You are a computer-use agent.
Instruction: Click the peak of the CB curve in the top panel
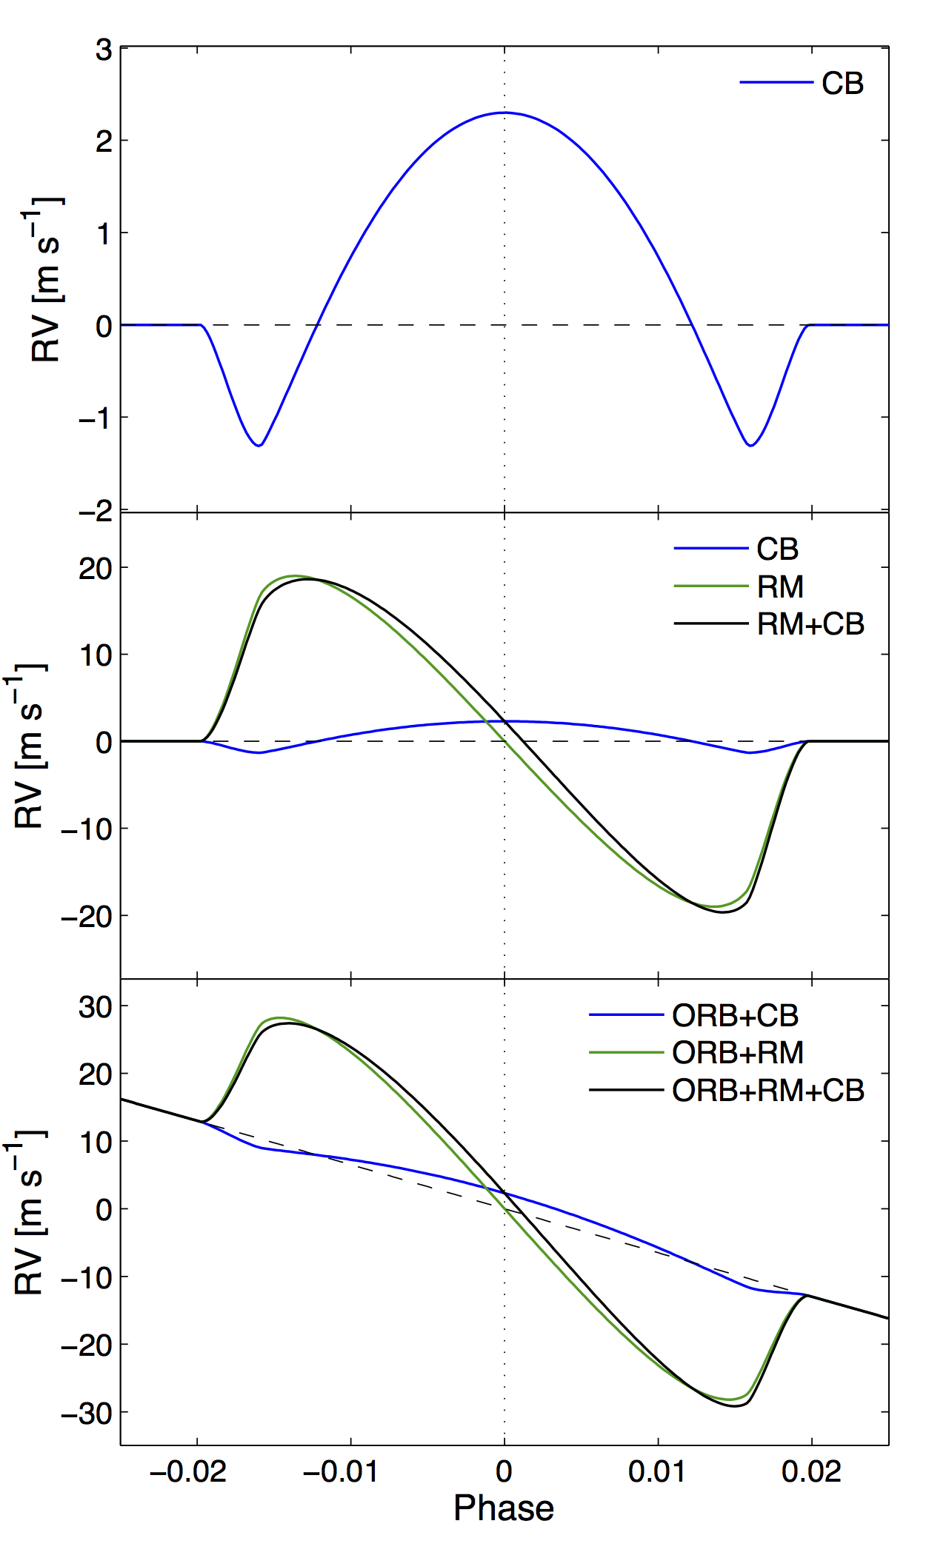pos(504,113)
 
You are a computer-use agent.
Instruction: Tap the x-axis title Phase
pos(504,1508)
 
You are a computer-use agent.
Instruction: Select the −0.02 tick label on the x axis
pos(188,1471)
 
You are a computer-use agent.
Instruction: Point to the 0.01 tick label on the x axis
pos(657,1471)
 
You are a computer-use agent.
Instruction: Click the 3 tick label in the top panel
pos(104,50)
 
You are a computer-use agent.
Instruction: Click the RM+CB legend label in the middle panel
pos(810,624)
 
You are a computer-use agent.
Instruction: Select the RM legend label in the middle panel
pos(780,587)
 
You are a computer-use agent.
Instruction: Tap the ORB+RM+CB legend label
pos(768,1090)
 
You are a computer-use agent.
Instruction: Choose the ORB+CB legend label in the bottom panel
pos(735,1015)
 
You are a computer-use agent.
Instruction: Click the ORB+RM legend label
pos(738,1052)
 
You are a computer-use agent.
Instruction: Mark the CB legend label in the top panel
pos(842,83)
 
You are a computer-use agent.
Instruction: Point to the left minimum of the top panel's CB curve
pos(259,445)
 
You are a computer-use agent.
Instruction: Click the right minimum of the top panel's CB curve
pos(750,445)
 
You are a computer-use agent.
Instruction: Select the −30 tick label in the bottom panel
pos(87,1414)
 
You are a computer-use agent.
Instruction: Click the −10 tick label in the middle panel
pos(87,829)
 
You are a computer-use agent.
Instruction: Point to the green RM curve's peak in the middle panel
pos(294,575)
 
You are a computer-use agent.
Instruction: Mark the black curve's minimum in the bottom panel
pos(735,1405)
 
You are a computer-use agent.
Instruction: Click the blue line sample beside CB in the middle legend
pos(710,549)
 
